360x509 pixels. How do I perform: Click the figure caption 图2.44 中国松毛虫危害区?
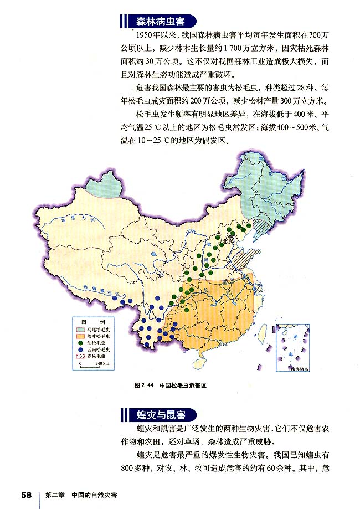(x=170, y=384)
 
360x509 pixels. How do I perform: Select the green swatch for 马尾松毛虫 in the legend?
(x=81, y=328)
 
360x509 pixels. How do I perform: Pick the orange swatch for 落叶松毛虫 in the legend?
(x=81, y=336)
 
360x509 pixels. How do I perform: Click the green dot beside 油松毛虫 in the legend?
(x=81, y=343)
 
